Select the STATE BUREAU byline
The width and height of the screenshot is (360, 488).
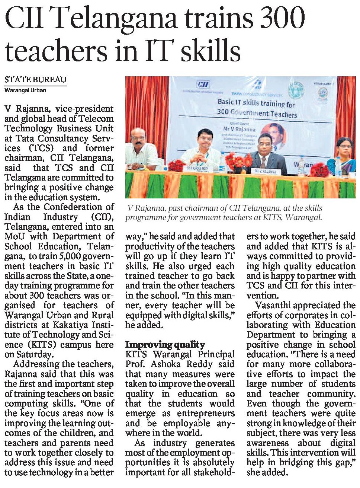(x=35, y=79)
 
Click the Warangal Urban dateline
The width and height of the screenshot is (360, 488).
(x=25, y=90)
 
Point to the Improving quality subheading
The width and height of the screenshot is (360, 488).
(x=165, y=344)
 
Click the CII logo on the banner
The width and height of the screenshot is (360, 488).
(x=203, y=84)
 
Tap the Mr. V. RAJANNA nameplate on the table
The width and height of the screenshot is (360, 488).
(x=265, y=172)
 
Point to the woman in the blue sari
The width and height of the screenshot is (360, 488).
(x=343, y=156)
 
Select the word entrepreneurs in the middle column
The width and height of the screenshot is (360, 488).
(x=206, y=413)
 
